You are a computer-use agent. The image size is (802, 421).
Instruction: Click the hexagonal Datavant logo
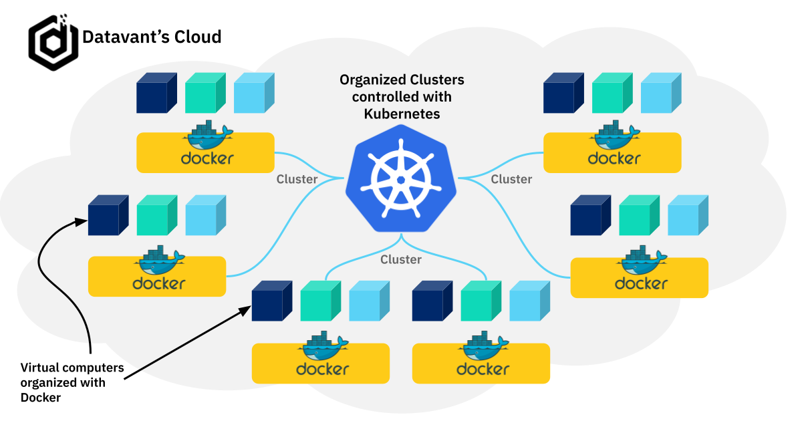coord(53,41)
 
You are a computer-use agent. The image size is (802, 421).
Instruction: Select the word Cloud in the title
coord(198,36)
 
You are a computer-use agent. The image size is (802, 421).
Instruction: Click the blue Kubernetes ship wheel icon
coord(401,180)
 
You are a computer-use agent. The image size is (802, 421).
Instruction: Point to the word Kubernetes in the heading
coord(402,114)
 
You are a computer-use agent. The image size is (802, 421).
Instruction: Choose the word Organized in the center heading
coord(372,80)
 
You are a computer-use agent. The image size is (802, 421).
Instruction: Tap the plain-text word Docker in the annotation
coord(41,398)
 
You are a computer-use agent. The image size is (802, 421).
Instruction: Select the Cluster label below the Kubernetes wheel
coord(401,259)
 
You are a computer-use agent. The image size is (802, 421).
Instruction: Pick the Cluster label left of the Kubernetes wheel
coord(297,179)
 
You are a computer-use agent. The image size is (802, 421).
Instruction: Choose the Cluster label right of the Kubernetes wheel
coord(511,179)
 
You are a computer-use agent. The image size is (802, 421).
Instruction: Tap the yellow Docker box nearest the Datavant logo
coord(205,152)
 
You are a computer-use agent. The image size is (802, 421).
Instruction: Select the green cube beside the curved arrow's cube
coord(156,215)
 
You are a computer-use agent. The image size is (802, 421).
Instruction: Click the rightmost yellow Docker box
coord(639,277)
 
